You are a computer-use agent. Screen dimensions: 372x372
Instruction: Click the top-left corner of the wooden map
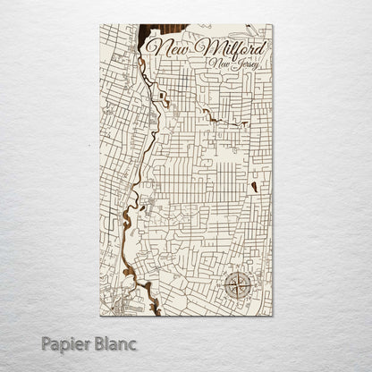[100, 25]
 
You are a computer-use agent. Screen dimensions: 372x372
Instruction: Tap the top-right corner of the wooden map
[273, 25]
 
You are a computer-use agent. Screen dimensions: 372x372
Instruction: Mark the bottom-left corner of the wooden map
[100, 316]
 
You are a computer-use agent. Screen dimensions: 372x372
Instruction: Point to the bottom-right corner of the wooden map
[273, 316]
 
